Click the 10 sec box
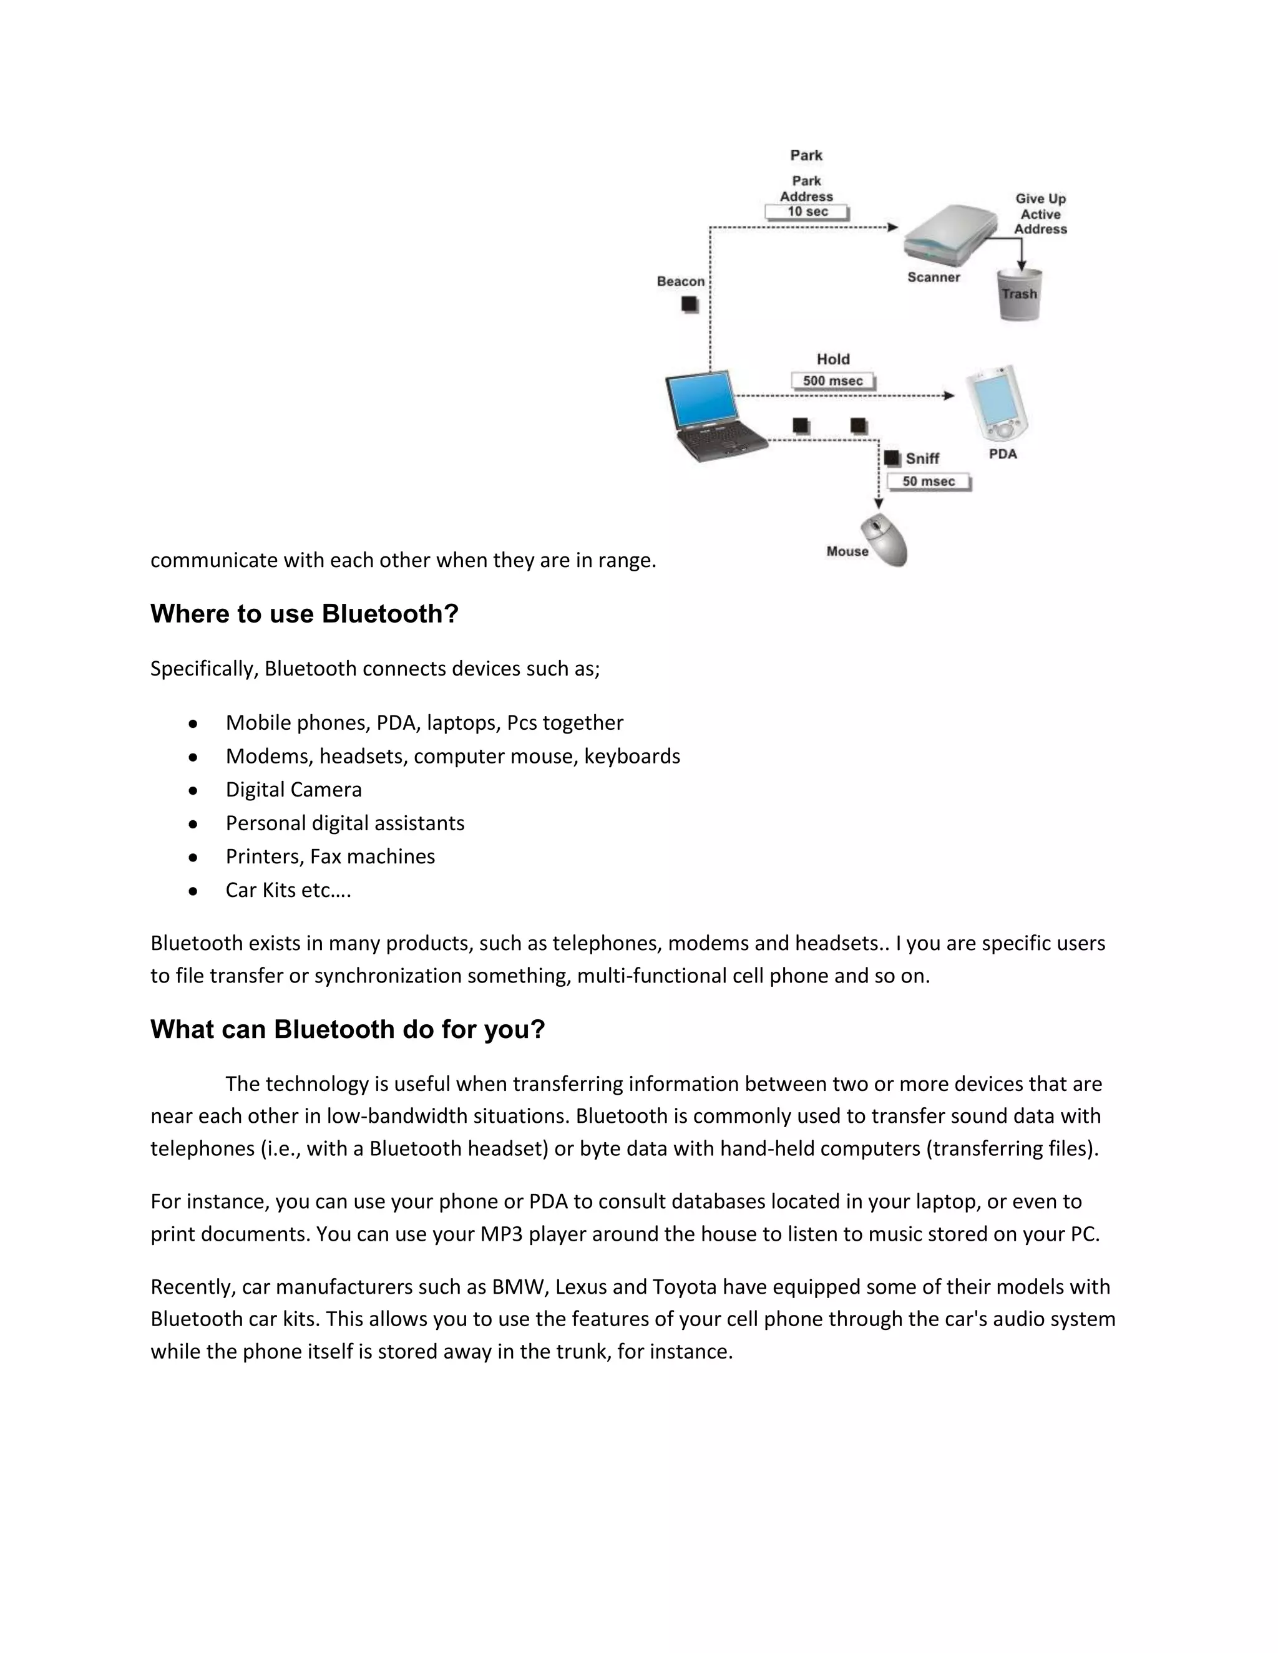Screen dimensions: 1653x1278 [807, 212]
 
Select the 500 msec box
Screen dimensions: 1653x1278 [833, 381]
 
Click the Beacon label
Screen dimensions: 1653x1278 [681, 281]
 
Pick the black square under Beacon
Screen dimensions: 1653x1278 [689, 304]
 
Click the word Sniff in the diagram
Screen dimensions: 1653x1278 [922, 458]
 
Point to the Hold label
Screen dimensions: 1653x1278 [833, 359]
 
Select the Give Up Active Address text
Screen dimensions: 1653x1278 [1040, 214]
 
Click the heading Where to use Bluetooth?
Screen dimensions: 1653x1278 [305, 614]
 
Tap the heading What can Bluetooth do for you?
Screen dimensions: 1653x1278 [348, 1029]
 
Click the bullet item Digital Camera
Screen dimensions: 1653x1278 [294, 790]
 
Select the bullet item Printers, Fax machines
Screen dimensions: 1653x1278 [330, 856]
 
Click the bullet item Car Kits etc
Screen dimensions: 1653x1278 [288, 890]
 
